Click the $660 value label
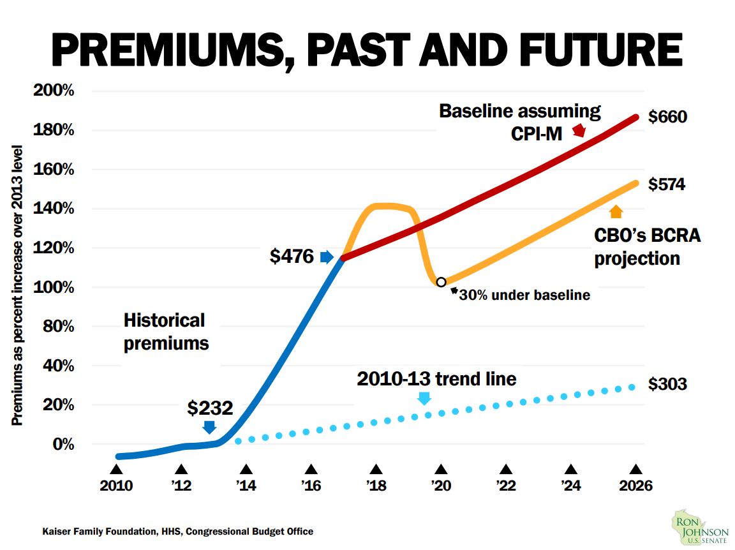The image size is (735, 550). tap(667, 117)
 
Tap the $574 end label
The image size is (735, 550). tap(667, 184)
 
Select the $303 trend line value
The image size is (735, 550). tap(667, 384)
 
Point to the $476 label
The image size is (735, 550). tap(292, 256)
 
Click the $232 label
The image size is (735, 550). tap(210, 408)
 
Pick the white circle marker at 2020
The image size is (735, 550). tap(441, 282)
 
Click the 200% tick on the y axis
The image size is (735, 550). tap(53, 91)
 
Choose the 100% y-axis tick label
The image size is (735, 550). tap(53, 287)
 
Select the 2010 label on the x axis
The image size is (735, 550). tap(116, 486)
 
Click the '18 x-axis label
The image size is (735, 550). tap(376, 486)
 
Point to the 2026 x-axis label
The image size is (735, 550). tap(636, 486)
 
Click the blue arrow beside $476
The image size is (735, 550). tap(327, 257)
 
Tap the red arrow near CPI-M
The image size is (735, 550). tap(579, 130)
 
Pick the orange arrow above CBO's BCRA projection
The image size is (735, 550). tap(616, 212)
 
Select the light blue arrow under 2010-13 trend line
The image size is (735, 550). tap(424, 398)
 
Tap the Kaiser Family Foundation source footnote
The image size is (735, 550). tap(178, 531)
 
